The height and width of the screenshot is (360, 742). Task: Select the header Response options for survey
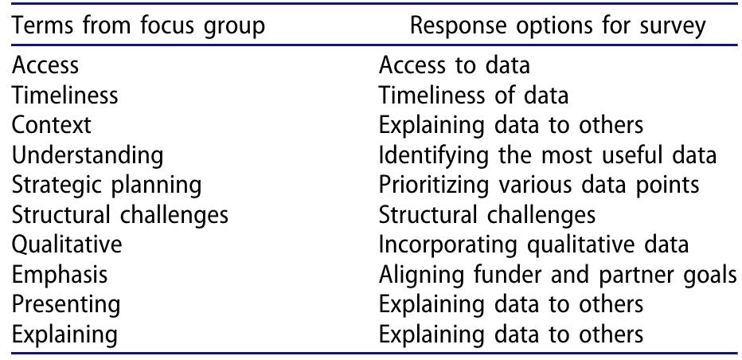557,25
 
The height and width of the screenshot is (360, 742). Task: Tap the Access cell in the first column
45,65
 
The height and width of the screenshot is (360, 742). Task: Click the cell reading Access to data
454,65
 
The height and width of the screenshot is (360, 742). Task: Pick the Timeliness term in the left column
65,96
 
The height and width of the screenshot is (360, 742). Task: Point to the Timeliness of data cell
474,96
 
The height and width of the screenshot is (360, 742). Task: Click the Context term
52,125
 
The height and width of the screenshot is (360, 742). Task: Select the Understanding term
88,155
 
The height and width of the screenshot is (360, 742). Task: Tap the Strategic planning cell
107,185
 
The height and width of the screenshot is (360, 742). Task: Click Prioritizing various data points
539,185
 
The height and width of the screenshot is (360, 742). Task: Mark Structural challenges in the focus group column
120,215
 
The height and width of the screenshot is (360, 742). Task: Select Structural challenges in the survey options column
486,215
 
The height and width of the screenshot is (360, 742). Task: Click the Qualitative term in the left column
67,245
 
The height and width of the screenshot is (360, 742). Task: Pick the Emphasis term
60,275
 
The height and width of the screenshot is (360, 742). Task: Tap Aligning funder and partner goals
556,275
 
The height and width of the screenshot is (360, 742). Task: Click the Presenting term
66,304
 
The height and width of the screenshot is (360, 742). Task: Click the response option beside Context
510,125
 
